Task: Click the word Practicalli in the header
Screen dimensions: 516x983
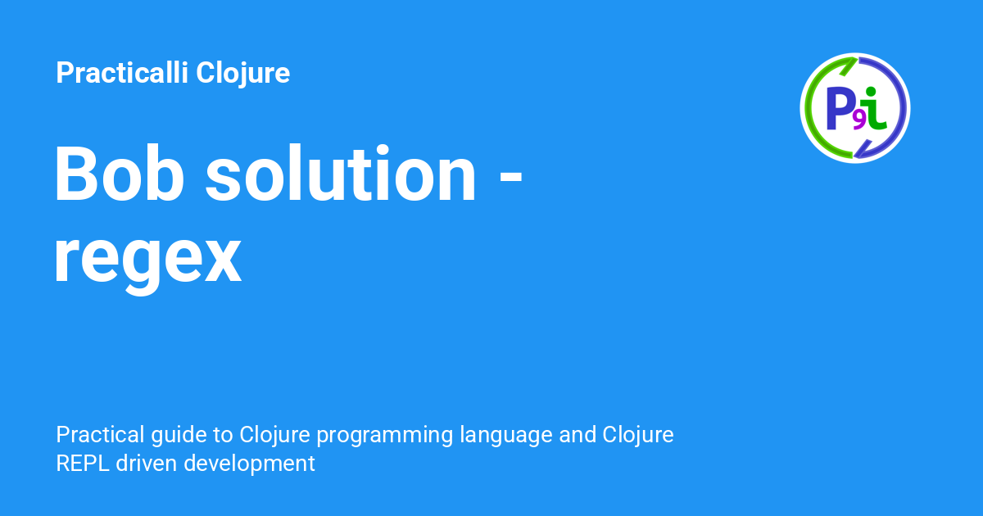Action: [122, 73]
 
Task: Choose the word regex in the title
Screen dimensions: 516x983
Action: [147, 258]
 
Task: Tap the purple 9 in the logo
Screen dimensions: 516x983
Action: [858, 120]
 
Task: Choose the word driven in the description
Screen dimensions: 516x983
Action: [147, 463]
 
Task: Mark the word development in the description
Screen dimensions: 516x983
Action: [249, 463]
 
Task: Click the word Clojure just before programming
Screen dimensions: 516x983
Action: [271, 434]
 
